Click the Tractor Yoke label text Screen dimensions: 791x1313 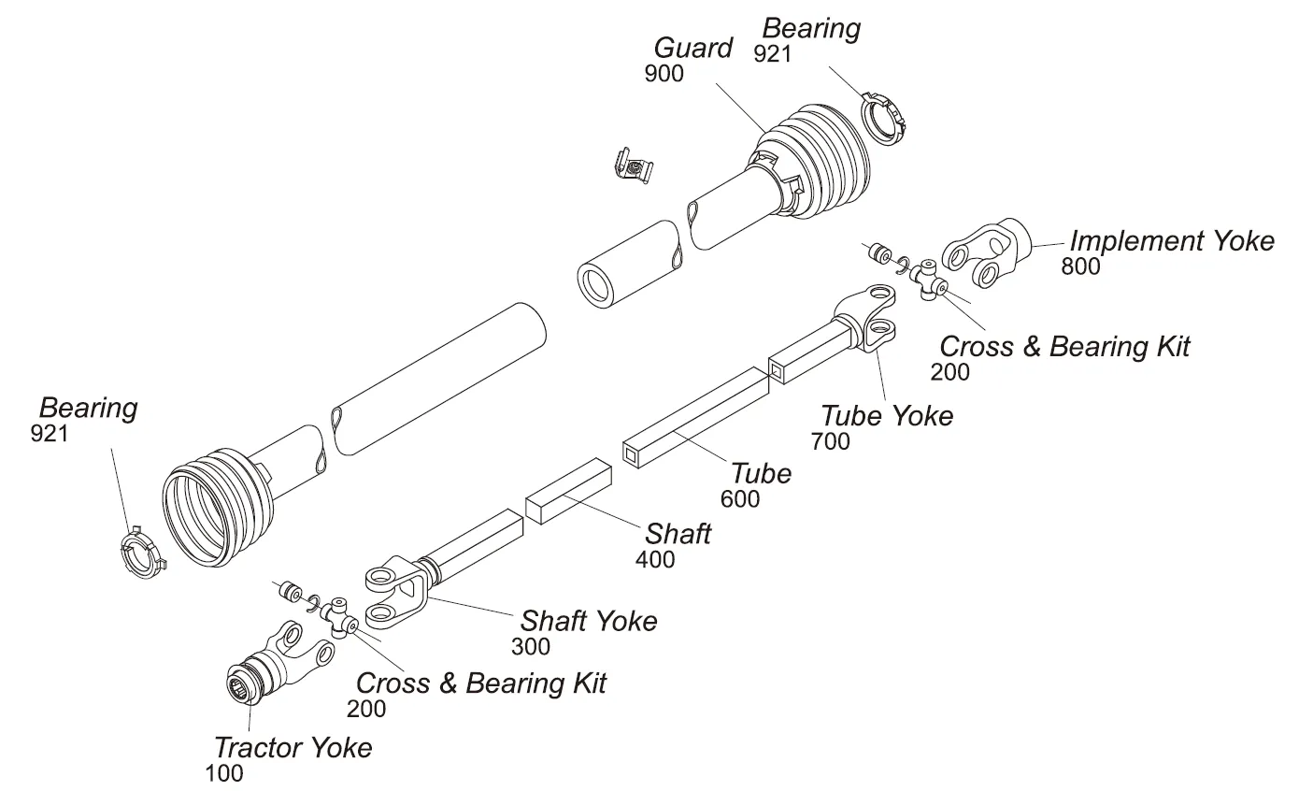point(293,748)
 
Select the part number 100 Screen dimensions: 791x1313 point(223,773)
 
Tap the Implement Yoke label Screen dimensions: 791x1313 point(1172,241)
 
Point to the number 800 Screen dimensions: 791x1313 point(1080,266)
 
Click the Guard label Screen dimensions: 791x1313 point(692,48)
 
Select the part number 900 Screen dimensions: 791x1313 point(664,74)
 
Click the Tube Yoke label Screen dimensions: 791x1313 point(887,415)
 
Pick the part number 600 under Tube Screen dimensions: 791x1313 point(740,499)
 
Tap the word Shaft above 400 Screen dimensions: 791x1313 point(678,534)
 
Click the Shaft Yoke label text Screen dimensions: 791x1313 point(589,621)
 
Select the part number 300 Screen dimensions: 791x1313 point(531,646)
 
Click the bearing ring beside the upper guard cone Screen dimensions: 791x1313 point(884,117)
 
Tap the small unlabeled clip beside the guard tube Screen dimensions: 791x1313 point(633,165)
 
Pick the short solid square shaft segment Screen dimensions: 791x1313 point(567,490)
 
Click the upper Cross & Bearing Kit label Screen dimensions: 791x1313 point(1063,347)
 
